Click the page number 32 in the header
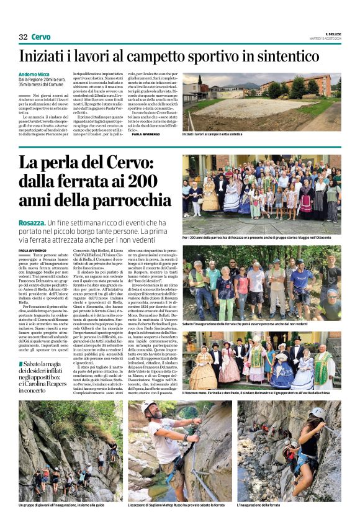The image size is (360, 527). [x=23, y=37]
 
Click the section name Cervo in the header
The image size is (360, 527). [x=41, y=37]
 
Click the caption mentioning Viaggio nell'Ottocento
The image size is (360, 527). [x=261, y=238]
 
